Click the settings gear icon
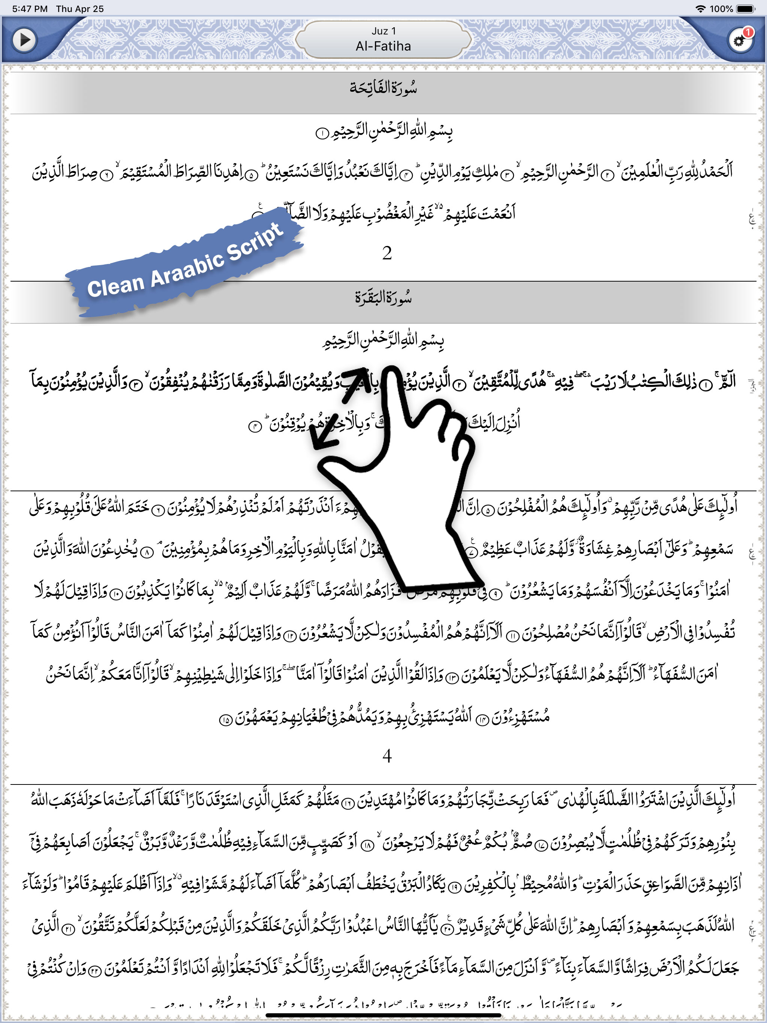[739, 41]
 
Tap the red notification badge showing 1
[748, 32]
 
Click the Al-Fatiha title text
[383, 46]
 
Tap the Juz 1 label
[383, 31]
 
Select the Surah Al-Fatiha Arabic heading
[383, 87]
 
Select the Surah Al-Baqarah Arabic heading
[383, 297]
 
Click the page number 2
[387, 253]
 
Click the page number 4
[387, 756]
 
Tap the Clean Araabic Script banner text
[185, 261]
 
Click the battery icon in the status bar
[745, 9]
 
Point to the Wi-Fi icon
[701, 9]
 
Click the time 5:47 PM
[30, 9]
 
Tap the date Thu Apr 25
[79, 9]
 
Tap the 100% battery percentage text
[721, 9]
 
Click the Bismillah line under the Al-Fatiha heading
[384, 132]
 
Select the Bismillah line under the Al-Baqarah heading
[383, 341]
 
